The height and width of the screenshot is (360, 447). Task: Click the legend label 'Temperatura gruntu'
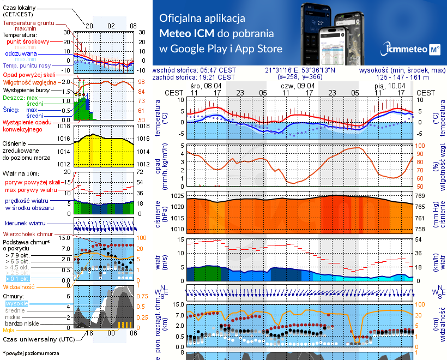tap(28, 23)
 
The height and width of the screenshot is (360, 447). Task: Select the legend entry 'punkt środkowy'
tap(29, 41)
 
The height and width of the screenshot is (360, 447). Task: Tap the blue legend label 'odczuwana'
tap(21, 54)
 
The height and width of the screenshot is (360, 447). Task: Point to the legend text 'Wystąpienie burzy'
tap(27, 89)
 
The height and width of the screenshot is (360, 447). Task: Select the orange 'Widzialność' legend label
tap(19, 286)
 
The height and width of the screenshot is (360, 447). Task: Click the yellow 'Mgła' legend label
tap(9, 330)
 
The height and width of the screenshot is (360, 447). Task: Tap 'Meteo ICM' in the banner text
tap(188, 33)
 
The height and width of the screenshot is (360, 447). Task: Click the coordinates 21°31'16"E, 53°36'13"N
tap(300, 70)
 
